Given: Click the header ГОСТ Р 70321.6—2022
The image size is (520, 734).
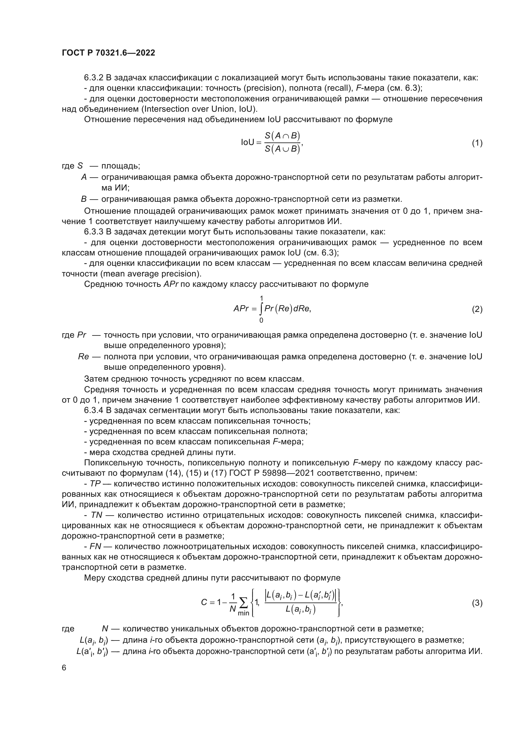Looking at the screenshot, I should click(108, 53).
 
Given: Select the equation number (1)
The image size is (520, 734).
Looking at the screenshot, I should click(477, 143).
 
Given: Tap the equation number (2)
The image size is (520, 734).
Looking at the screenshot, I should click(477, 309).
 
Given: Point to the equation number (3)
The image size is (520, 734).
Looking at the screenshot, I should click(477, 603).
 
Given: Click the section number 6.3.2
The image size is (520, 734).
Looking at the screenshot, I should click(93, 78).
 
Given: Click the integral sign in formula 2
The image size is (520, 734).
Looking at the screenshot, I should click(261, 309).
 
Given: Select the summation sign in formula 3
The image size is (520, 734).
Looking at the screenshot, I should click(243, 602).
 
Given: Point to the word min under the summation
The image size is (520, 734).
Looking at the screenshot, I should click(243, 613).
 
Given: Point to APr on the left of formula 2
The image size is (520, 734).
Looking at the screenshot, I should click(241, 309).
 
